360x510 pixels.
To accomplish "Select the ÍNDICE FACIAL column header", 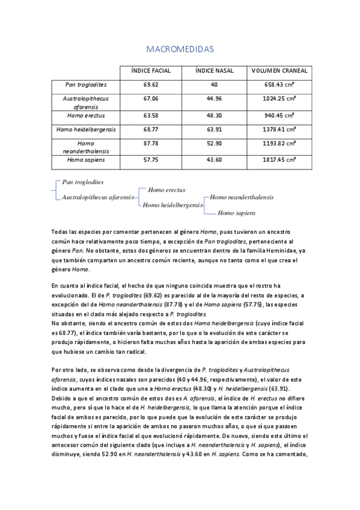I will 151,71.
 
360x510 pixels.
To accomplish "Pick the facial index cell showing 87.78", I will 151,144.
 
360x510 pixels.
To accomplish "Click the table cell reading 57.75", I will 151,159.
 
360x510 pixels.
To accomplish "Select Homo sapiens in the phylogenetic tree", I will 236,212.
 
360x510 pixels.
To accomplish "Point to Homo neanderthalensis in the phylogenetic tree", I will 241,197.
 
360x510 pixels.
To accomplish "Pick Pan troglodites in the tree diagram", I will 82,181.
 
